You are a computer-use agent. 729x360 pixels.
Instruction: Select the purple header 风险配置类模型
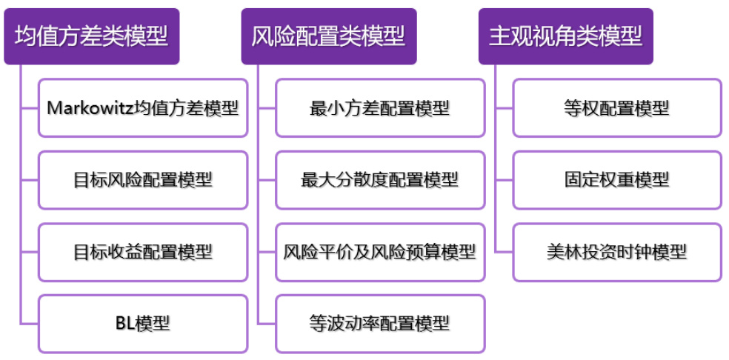coord(328,36)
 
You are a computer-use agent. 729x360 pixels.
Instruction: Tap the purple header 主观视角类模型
coord(565,36)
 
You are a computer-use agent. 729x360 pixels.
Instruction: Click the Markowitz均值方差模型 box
coord(143,108)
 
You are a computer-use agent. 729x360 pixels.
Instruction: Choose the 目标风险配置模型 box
coord(143,180)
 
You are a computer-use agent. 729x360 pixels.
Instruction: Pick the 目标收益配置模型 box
coord(143,252)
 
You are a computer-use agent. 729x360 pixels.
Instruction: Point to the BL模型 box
coord(143,324)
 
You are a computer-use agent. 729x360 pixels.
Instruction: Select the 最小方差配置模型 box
coord(380,108)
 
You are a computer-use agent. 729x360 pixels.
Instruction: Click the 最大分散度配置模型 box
coord(380,180)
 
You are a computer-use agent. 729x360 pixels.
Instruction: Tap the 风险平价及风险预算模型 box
coord(380,252)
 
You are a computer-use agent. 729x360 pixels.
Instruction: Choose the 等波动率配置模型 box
coord(380,324)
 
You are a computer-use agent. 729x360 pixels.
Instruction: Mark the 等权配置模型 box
coord(617,108)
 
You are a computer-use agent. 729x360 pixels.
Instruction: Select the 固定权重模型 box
coord(617,180)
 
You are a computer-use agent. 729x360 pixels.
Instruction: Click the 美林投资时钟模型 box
coord(617,252)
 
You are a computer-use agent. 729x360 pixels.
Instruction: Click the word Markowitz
coord(89,108)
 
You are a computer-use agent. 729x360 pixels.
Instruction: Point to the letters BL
coord(125,324)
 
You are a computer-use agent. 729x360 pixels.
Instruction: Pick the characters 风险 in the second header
coord(270,36)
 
